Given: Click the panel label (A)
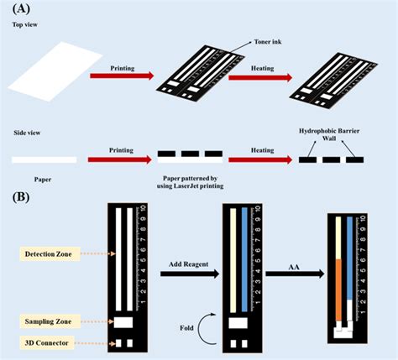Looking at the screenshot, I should [19, 9].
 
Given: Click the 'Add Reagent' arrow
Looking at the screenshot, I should [177, 273].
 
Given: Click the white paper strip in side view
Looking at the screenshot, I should [44, 159].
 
